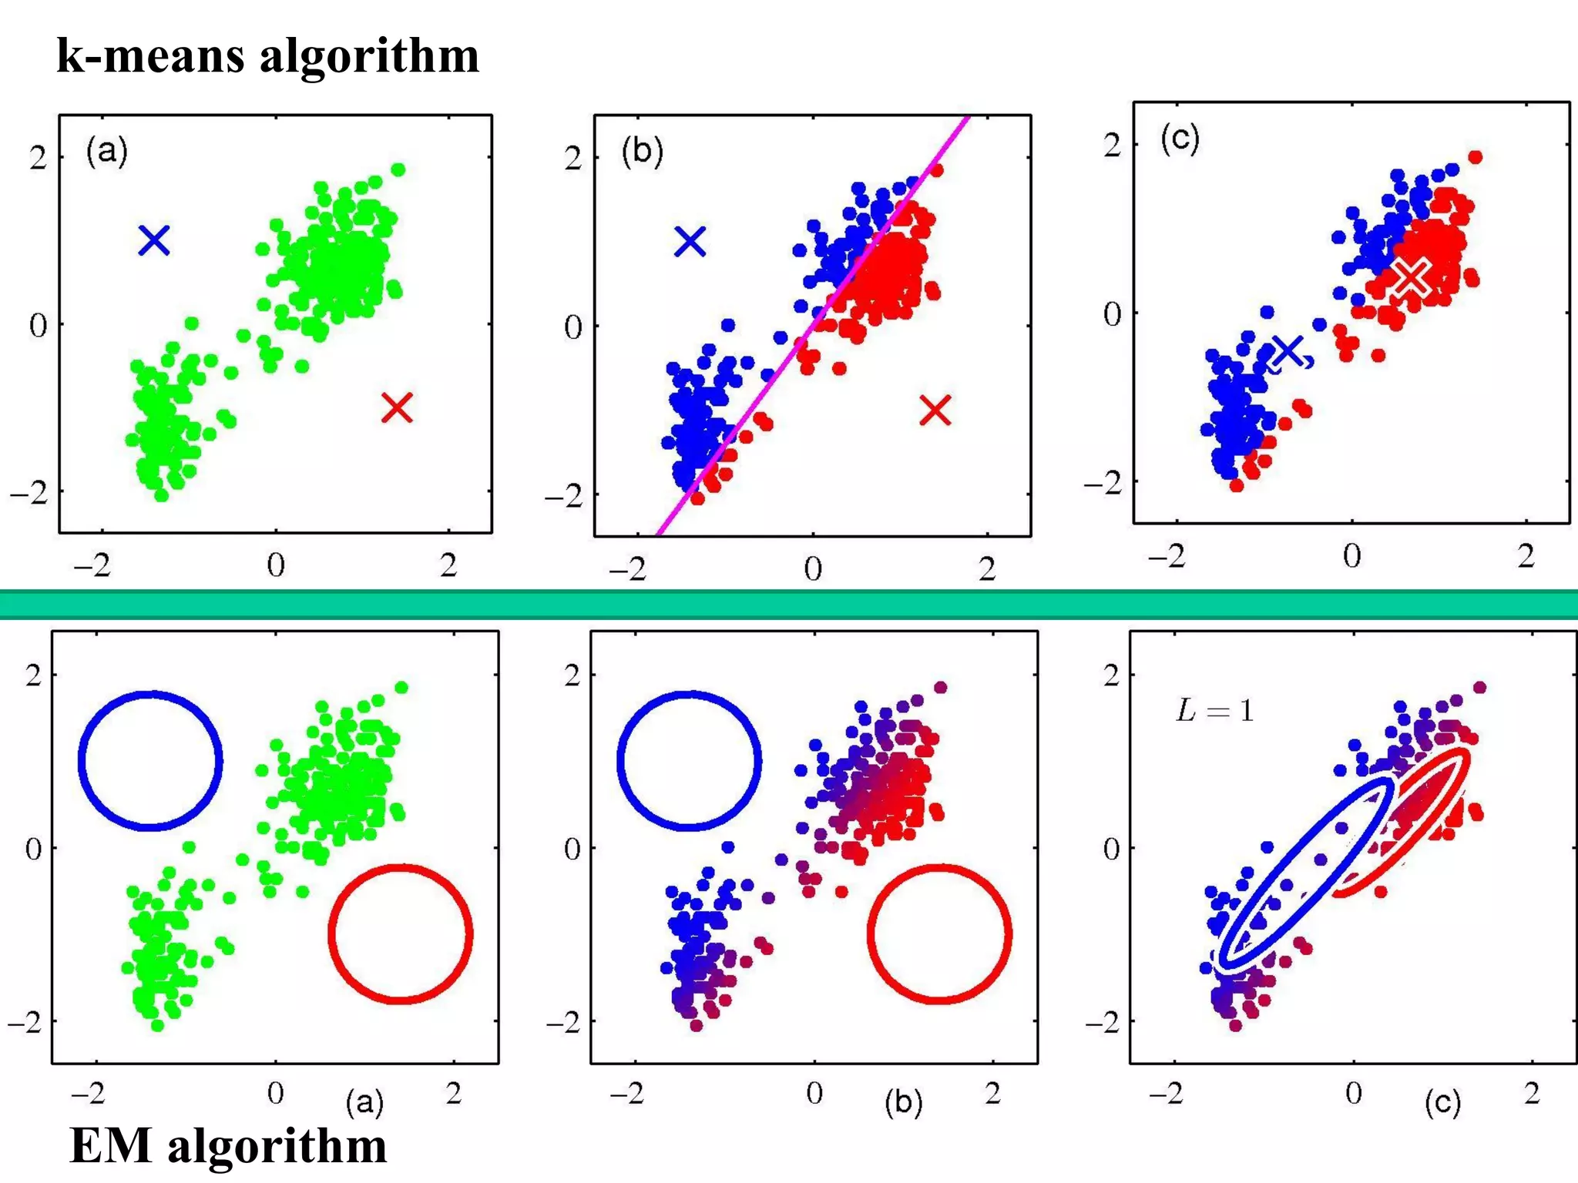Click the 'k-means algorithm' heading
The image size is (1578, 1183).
point(267,55)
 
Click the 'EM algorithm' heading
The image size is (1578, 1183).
point(228,1145)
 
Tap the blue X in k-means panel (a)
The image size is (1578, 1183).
point(154,240)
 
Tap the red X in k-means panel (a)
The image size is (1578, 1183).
point(397,407)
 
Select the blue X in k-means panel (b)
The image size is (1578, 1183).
point(690,242)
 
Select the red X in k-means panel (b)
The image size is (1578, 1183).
point(935,411)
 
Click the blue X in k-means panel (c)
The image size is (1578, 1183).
point(1288,351)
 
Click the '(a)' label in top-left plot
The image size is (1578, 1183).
point(106,149)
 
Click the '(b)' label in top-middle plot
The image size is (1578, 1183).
point(642,151)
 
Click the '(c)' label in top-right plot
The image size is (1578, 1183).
point(1180,139)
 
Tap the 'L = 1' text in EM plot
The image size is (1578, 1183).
point(1214,710)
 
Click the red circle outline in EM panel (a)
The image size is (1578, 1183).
point(331,933)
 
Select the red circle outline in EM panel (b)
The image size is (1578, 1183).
point(871,933)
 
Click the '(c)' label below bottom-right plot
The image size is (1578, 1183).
point(1442,1103)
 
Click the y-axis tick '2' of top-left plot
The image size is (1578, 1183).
point(38,158)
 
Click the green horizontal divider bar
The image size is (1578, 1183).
point(789,604)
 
